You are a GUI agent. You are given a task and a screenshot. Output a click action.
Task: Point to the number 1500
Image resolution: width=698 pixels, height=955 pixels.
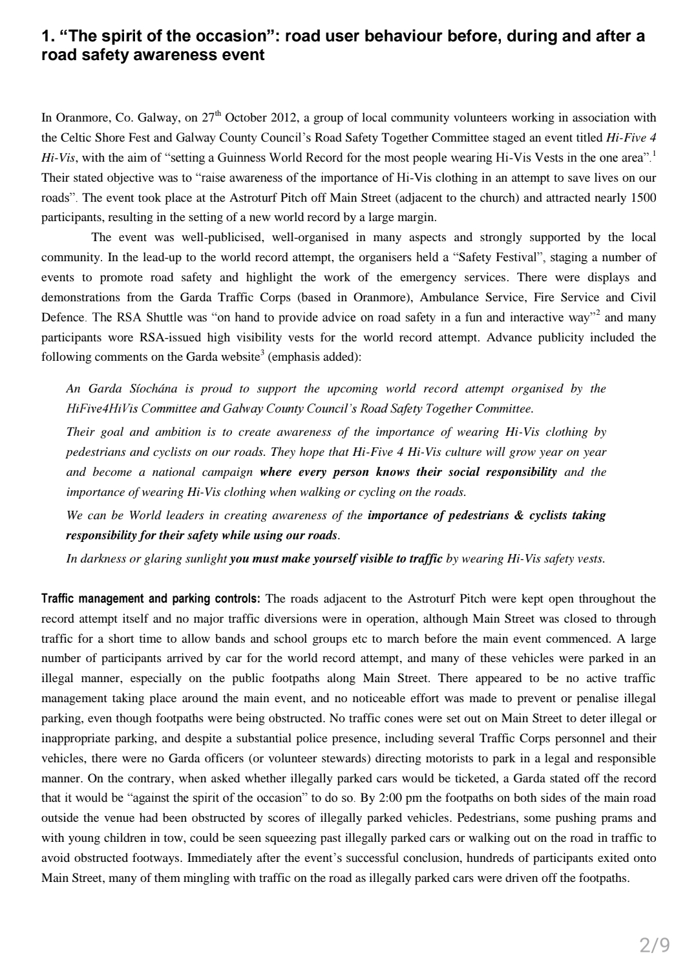point(643,198)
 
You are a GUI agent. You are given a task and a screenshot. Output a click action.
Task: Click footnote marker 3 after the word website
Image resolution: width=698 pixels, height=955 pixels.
point(261,353)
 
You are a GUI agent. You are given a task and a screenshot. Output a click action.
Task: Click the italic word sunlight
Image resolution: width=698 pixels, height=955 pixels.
point(204,559)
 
